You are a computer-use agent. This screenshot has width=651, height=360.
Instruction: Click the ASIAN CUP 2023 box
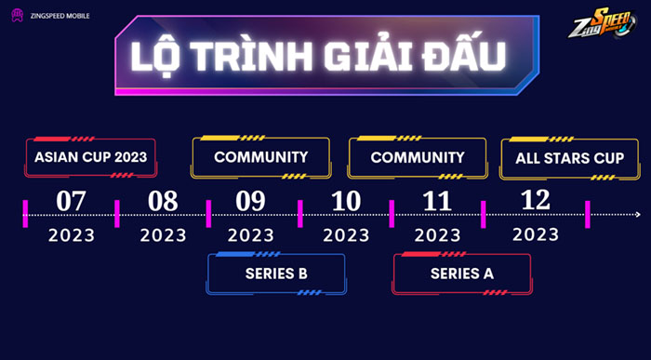point(90,157)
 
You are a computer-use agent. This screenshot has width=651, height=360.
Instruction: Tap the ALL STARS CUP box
point(569,157)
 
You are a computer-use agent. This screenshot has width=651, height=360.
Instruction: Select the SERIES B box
point(276,273)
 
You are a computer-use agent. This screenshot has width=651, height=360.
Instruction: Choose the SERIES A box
point(461,273)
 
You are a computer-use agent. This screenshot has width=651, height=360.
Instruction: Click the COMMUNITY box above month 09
point(260,157)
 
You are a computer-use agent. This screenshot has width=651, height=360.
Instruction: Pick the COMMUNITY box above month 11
point(417,157)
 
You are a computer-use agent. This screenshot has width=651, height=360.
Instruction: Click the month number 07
point(72,201)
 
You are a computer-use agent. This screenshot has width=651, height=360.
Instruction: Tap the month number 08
point(163,201)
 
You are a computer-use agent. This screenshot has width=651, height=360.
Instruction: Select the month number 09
point(250,201)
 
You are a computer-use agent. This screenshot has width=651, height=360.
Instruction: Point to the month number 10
point(345,201)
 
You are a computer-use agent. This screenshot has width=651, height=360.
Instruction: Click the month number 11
point(437,201)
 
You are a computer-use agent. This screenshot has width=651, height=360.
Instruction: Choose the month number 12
point(535,199)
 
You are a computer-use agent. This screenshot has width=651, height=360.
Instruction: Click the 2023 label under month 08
point(163,234)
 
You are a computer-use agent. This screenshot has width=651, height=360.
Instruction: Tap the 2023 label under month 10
point(346,234)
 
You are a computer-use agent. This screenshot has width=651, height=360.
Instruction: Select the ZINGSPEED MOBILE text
point(58,17)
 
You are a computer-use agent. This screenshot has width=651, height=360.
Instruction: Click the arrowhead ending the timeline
point(637,215)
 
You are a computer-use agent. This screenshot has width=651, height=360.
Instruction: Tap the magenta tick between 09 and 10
point(299,213)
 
